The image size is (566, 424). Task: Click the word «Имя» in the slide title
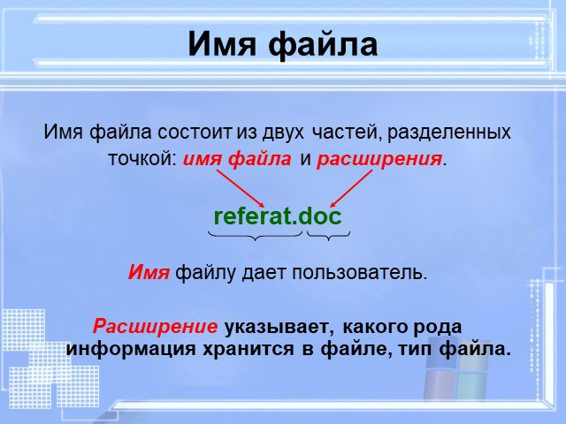(x=222, y=44)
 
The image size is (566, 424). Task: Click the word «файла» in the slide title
(x=323, y=44)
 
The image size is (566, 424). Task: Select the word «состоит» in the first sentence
(x=195, y=132)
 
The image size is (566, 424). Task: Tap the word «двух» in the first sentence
(x=283, y=132)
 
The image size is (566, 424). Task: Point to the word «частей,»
(x=347, y=132)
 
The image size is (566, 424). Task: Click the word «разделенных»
(x=449, y=132)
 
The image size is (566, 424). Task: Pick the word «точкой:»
(x=142, y=159)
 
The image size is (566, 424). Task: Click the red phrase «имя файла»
(x=237, y=159)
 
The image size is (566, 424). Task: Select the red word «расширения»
(x=379, y=159)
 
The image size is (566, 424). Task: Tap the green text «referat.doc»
(x=278, y=216)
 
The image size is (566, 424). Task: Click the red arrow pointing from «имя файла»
(x=241, y=188)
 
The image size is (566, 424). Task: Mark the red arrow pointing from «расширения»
(x=351, y=188)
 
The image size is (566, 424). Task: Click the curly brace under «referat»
(x=256, y=236)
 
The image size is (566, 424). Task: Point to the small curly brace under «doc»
(x=328, y=236)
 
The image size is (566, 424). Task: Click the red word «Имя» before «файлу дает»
(x=149, y=273)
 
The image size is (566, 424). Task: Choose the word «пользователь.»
(x=360, y=273)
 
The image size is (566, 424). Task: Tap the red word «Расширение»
(x=156, y=327)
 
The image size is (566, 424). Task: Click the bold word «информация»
(x=131, y=349)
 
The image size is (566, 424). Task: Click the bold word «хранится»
(x=249, y=349)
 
